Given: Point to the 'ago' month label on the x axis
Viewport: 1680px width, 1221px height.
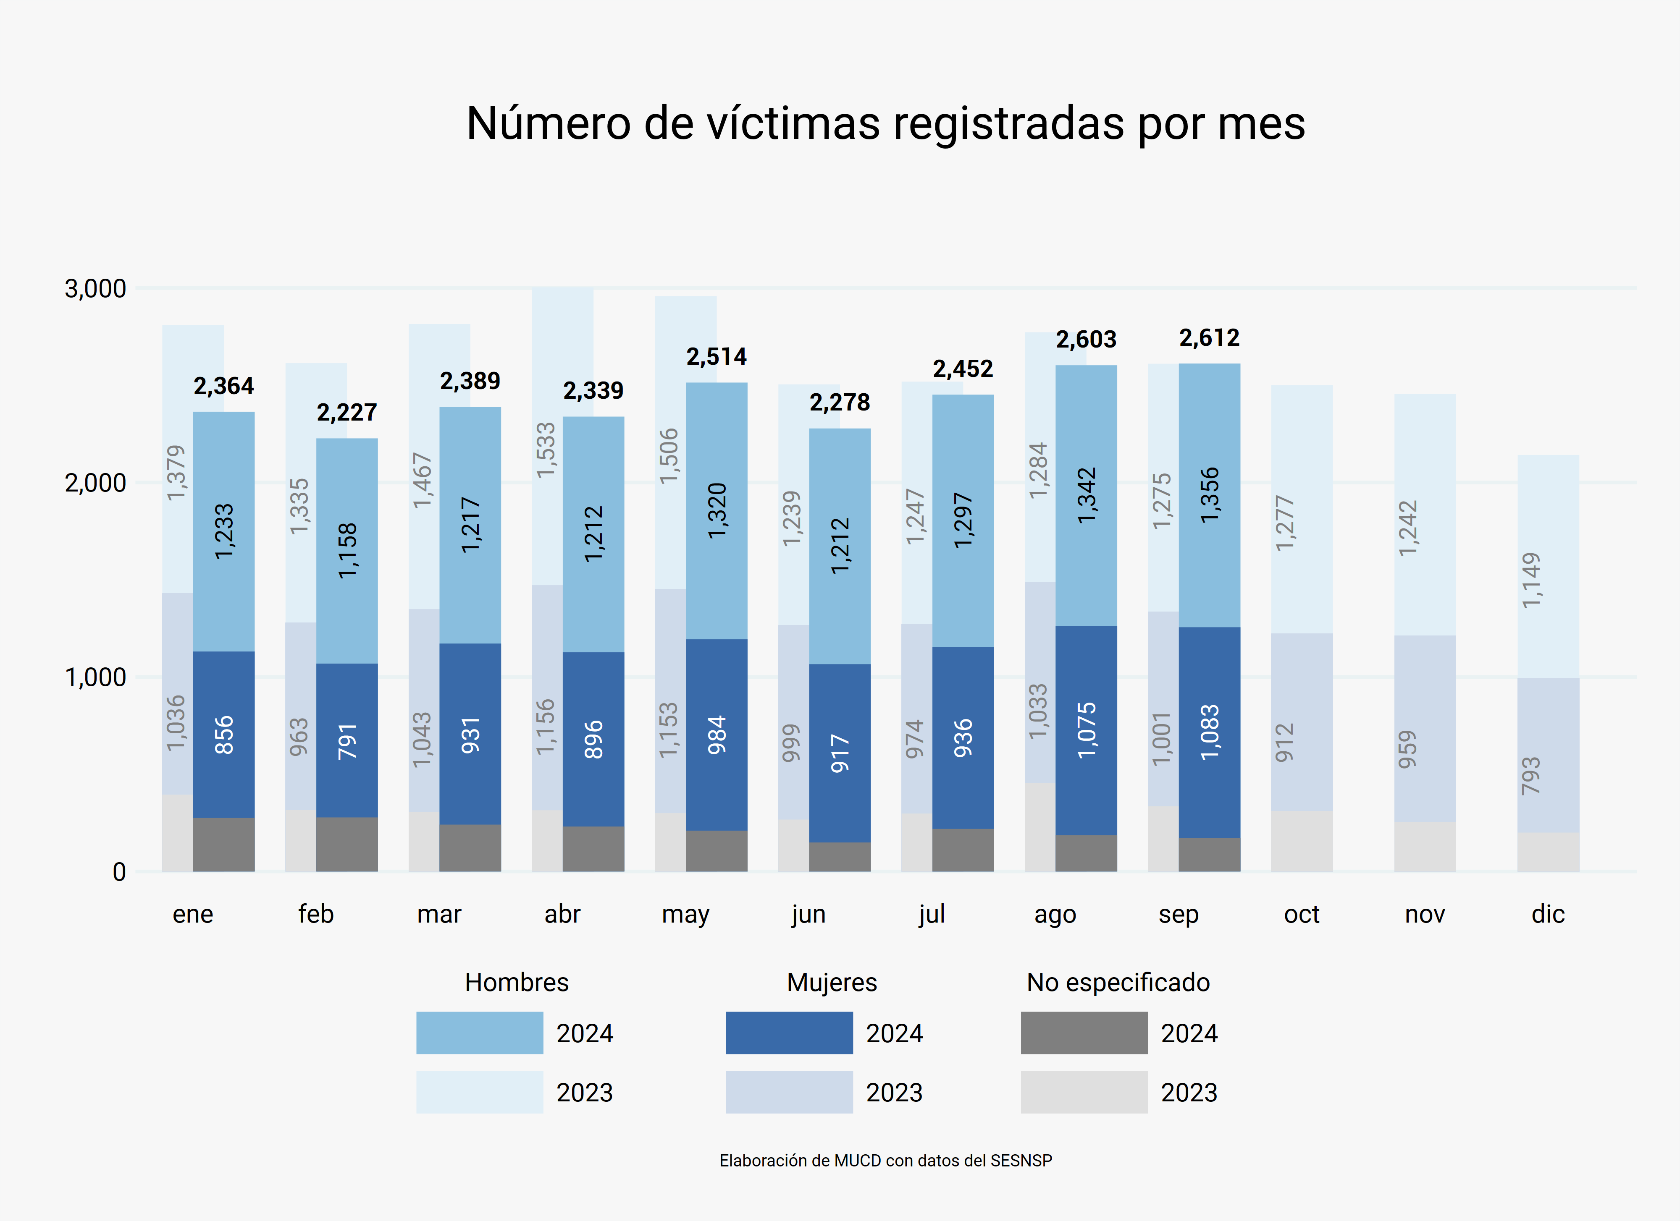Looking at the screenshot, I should pyautogui.click(x=1055, y=915).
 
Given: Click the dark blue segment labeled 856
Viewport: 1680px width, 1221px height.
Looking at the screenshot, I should pyautogui.click(x=224, y=735).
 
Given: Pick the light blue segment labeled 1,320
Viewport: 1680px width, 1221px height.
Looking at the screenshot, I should pyautogui.click(x=716, y=511).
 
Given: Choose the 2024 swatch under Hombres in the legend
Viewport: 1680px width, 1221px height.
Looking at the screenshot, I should pyautogui.click(x=479, y=1033).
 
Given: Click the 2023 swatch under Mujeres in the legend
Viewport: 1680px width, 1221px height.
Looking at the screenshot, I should pyautogui.click(x=789, y=1092).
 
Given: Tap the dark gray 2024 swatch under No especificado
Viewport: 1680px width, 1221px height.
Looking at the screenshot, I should pyautogui.click(x=1084, y=1033).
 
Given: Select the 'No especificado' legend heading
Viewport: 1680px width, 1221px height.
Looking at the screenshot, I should pyautogui.click(x=1118, y=983).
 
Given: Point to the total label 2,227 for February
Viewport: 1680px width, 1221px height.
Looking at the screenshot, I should pyautogui.click(x=346, y=413).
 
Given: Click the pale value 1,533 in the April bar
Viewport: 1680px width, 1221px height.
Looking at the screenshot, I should pyautogui.click(x=546, y=450).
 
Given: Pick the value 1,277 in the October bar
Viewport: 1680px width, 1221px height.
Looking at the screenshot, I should pyautogui.click(x=1284, y=523).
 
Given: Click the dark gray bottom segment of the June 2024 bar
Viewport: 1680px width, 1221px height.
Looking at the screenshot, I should pyautogui.click(x=839, y=857).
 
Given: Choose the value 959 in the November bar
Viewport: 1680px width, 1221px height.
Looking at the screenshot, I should pyautogui.click(x=1407, y=749).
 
